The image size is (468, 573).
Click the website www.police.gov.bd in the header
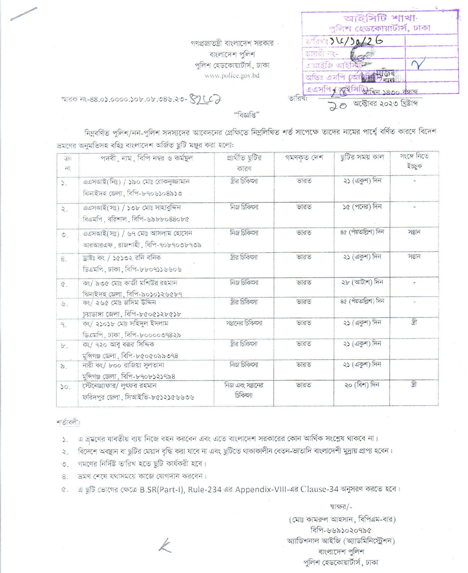[x=232, y=76]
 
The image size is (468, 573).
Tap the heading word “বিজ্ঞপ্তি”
[x=246, y=115]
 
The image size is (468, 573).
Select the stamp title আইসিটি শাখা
[x=380, y=18]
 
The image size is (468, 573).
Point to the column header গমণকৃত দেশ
[x=304, y=158]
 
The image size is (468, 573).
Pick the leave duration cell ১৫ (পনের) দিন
[x=362, y=207]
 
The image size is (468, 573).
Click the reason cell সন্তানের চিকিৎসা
[x=244, y=323]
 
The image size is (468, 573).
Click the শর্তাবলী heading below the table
[x=68, y=423]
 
